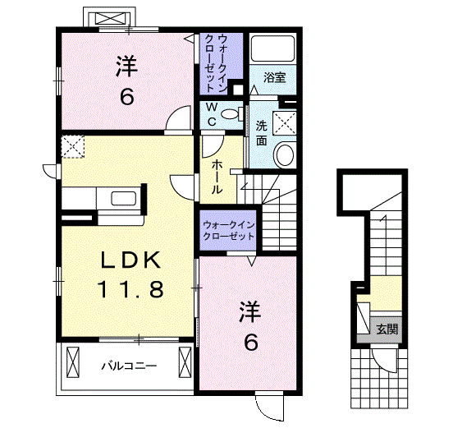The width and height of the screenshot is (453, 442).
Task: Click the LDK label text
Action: (130, 260)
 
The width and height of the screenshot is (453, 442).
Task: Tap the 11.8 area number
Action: (130, 289)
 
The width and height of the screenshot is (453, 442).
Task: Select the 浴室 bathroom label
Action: (274, 77)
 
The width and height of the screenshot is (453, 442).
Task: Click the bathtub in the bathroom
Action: (272, 48)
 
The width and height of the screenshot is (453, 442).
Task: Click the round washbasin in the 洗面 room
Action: (285, 154)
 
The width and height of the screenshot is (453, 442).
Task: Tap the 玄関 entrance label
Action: (387, 329)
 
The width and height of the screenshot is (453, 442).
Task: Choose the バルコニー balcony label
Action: (129, 366)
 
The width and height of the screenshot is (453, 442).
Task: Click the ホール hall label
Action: (217, 177)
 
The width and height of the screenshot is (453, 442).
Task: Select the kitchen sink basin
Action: (124, 199)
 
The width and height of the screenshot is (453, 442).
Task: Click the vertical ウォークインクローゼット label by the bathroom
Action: (215, 63)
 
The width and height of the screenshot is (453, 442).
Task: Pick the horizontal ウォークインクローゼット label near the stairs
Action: (228, 231)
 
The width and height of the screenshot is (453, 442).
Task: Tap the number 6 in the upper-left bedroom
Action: (127, 96)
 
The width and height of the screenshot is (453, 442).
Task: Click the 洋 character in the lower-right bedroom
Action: (250, 311)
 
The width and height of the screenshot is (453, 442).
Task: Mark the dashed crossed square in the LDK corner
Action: (73, 147)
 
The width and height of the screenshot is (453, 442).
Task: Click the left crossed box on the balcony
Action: (73, 361)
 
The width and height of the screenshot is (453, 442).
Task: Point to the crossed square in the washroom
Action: (285, 123)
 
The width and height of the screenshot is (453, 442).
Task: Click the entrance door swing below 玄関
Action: (383, 360)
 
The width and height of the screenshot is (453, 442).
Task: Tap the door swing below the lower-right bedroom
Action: (269, 407)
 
